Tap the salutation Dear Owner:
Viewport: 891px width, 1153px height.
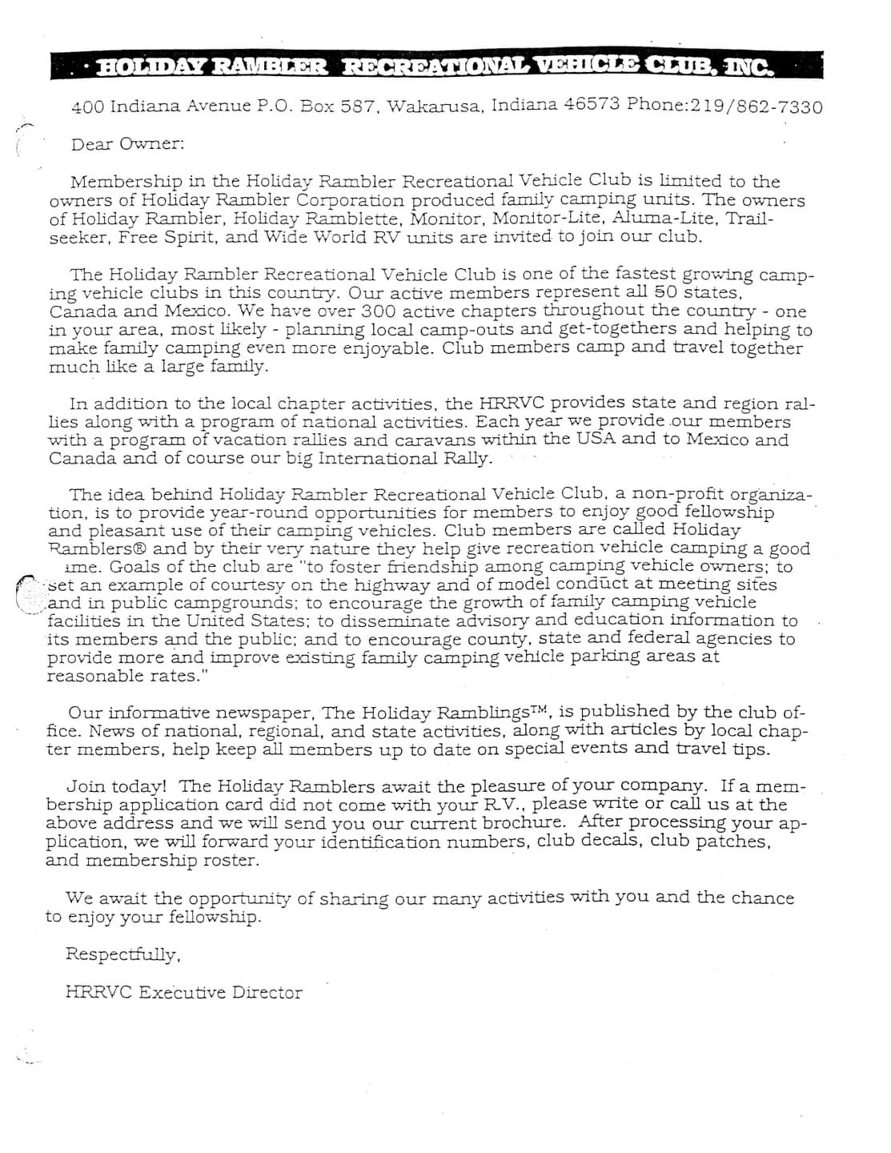(127, 144)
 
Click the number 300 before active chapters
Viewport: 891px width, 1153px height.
(378, 311)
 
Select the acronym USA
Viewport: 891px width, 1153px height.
(595, 439)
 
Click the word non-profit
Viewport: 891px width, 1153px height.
(678, 494)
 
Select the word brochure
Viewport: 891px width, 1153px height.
(524, 823)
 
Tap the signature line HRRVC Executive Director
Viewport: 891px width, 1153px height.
(183, 992)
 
